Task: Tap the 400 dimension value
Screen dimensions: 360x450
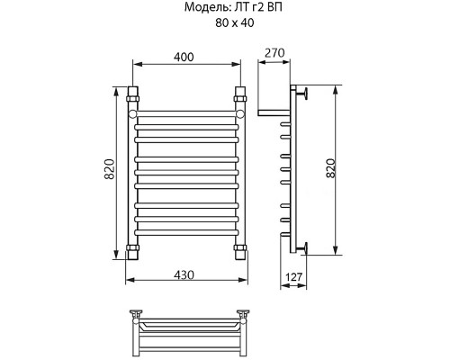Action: click(186, 58)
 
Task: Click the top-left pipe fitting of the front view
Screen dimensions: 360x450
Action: click(133, 94)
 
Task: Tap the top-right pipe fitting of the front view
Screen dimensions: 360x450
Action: click(240, 94)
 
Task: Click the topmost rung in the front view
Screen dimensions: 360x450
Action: click(186, 113)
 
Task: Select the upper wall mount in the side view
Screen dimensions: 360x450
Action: click(303, 92)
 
